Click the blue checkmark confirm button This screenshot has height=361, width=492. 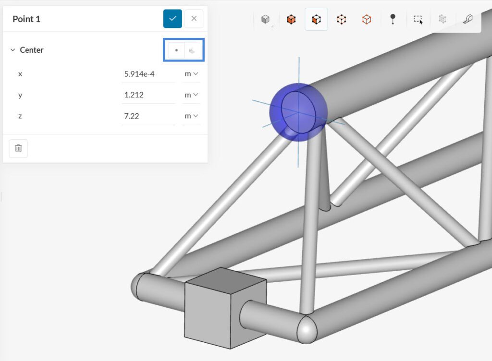tap(172, 19)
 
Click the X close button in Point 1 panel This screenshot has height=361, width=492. tap(194, 19)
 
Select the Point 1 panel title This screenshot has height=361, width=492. tap(26, 19)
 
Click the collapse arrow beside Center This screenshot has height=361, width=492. tap(12, 50)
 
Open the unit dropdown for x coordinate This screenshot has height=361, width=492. tap(191, 74)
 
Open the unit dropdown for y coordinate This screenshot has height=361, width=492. tap(191, 95)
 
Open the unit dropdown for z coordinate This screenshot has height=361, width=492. tap(191, 116)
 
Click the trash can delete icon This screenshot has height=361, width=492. tap(18, 148)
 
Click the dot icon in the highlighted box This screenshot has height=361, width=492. tap(176, 50)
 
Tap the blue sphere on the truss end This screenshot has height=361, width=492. tap(298, 112)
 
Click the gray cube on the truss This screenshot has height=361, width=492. tap(225, 308)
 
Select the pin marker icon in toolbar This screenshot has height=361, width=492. tap(393, 19)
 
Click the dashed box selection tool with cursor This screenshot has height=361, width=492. tap(418, 20)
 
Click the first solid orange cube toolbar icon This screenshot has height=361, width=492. tap(291, 19)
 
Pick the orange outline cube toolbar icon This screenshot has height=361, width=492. tap(367, 19)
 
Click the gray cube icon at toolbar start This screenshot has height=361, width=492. tap(265, 19)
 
